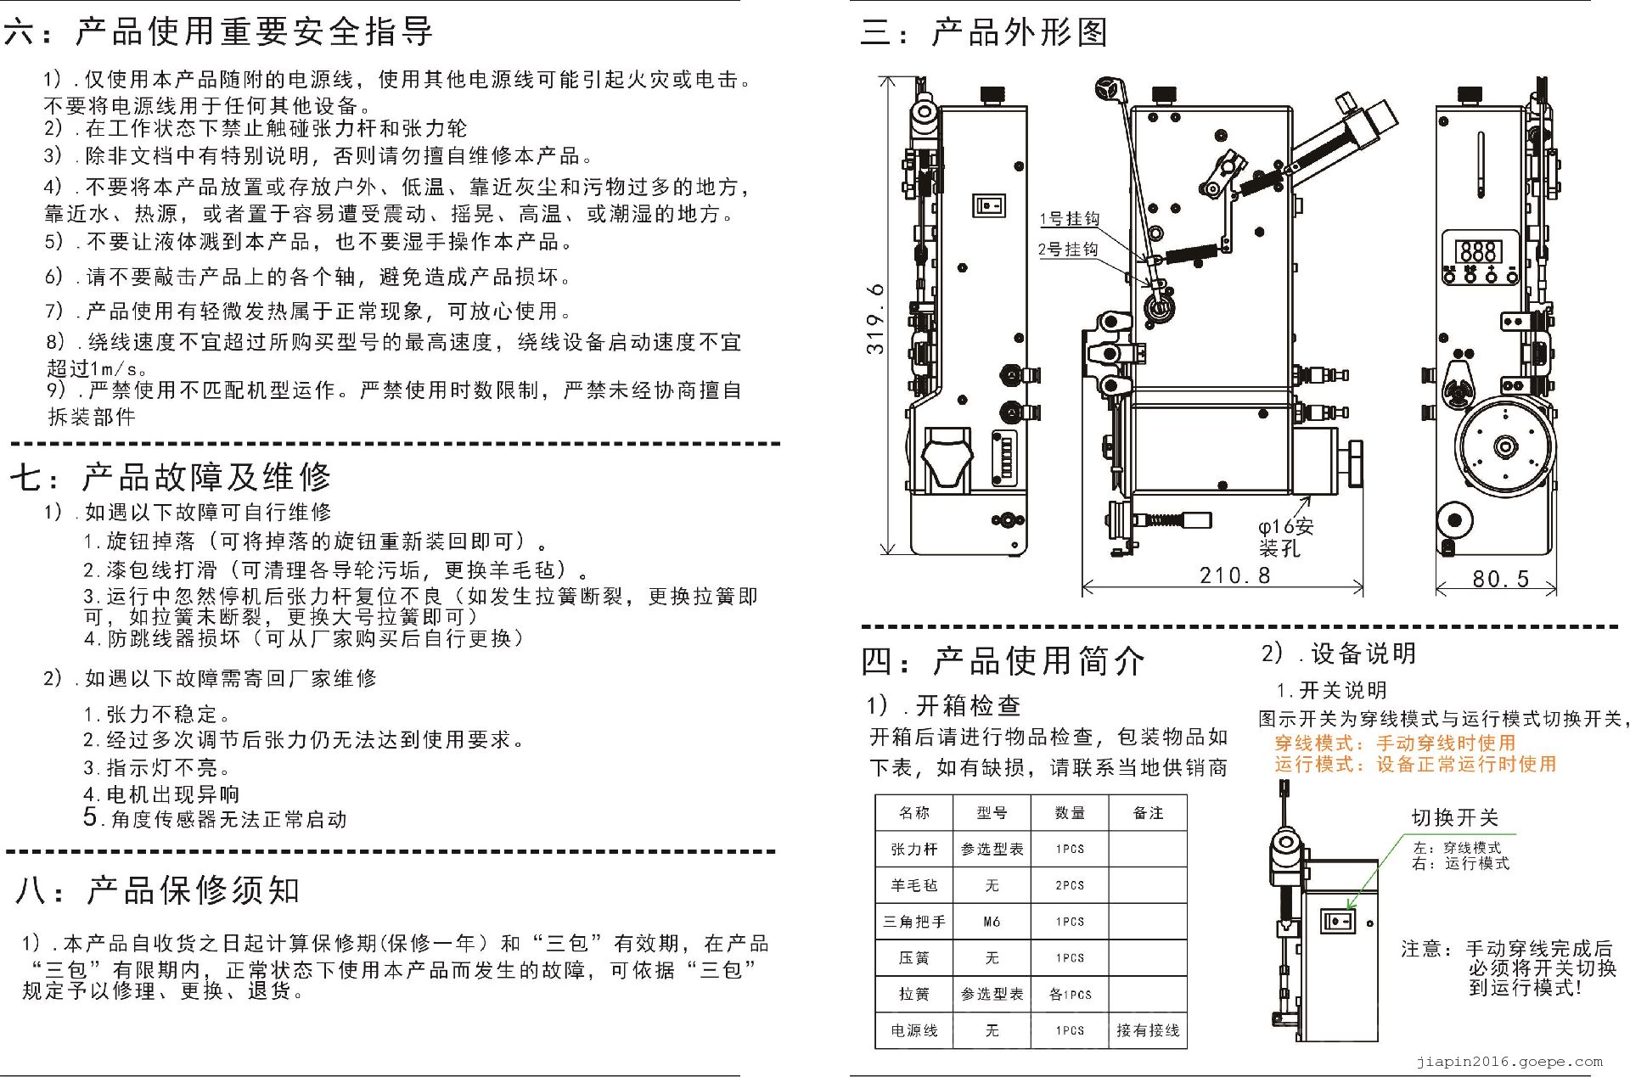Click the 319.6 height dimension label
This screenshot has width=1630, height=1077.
[875, 318]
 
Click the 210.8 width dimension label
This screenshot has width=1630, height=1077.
[1234, 575]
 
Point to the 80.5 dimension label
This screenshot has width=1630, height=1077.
[1500, 579]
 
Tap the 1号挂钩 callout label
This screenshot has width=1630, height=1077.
[1070, 219]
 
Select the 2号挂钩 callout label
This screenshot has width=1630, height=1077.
[1068, 249]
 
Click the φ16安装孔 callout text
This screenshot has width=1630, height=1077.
[1285, 537]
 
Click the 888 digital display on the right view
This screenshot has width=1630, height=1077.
[1478, 251]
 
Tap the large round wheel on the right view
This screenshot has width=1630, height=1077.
[1504, 446]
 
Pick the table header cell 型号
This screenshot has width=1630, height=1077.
[992, 813]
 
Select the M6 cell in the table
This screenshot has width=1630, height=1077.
[992, 922]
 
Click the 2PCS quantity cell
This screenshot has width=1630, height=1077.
[1070, 885]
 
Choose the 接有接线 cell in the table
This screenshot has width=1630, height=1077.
[1148, 1030]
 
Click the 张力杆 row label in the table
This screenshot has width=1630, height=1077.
[914, 849]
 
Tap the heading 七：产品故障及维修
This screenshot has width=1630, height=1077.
[171, 477]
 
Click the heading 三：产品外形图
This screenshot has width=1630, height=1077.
[984, 32]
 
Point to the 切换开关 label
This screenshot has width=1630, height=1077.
[1454, 817]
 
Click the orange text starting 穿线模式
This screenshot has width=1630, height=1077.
[1394, 743]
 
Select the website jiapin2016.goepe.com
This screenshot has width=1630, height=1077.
[1509, 1061]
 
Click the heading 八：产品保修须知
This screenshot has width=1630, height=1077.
[158, 890]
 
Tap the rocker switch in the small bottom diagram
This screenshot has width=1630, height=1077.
[1338, 921]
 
